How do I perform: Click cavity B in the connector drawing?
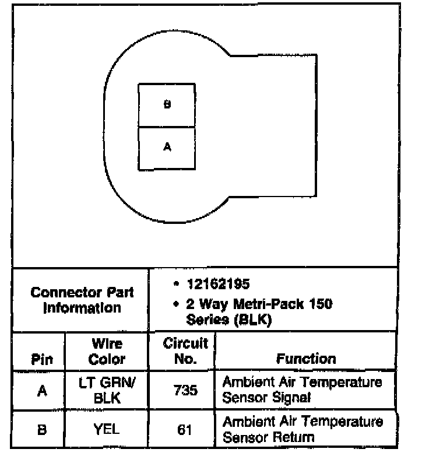[x=167, y=105]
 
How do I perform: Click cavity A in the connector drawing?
[x=167, y=148]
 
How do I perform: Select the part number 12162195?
[x=218, y=284]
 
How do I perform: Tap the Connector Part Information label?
[x=82, y=300]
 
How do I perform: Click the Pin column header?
[x=41, y=359]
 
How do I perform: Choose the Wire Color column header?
[x=107, y=351]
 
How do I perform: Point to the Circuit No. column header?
[x=185, y=351]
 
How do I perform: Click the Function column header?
[x=306, y=359]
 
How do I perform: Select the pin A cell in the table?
[x=41, y=391]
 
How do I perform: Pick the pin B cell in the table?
[x=41, y=430]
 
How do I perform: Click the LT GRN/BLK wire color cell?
[x=107, y=390]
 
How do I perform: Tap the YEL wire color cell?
[x=107, y=430]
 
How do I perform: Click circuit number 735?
[x=185, y=391]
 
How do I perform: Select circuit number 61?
[x=185, y=430]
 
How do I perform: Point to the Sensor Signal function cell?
[x=303, y=390]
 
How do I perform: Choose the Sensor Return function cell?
[x=303, y=429]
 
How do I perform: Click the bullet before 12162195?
[x=175, y=284]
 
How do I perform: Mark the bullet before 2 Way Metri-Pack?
[x=175, y=304]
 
